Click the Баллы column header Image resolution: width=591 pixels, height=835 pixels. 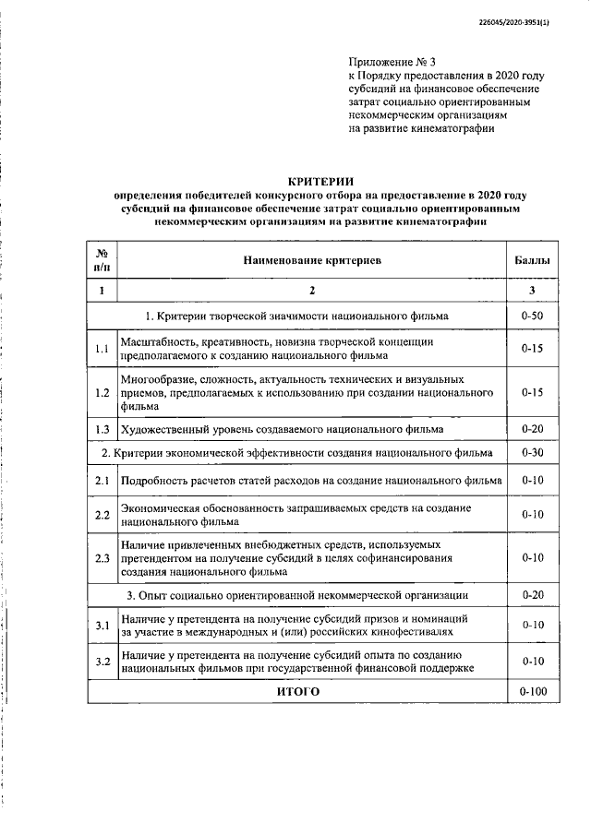click(x=532, y=261)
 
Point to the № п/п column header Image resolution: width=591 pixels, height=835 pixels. click(x=102, y=261)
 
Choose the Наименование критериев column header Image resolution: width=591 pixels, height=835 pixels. click(x=312, y=261)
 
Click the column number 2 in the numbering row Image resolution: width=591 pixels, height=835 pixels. click(x=312, y=292)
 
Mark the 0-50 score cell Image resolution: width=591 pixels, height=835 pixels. click(x=532, y=316)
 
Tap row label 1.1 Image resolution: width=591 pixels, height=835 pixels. click(x=102, y=349)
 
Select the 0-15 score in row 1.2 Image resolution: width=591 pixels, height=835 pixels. click(x=532, y=392)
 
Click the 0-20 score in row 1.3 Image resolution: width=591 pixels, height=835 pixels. click(x=532, y=430)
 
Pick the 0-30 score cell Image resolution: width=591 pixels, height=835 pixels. click(x=532, y=453)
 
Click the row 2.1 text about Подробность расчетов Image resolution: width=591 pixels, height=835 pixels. click(x=312, y=481)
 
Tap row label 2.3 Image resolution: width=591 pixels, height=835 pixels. click(x=102, y=558)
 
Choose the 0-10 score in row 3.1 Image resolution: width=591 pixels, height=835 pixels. click(x=532, y=626)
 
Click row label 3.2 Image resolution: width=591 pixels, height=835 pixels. click(x=102, y=661)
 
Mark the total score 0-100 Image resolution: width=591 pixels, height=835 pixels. click(x=532, y=691)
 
